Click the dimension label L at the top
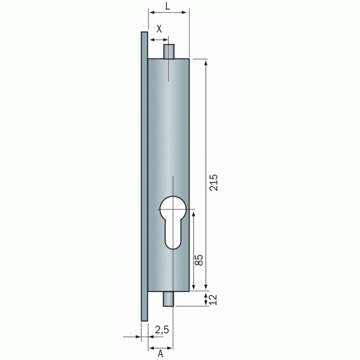pyautogui.click(x=168, y=6)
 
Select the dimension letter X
pyautogui.click(x=159, y=29)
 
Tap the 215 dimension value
pyautogui.click(x=214, y=183)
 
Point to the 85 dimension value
pyautogui.click(x=199, y=260)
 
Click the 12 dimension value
pyautogui.click(x=213, y=300)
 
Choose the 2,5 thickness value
pyautogui.click(x=162, y=330)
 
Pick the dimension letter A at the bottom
pyautogui.click(x=160, y=354)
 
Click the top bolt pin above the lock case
pyautogui.click(x=169, y=52)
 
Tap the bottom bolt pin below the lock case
pyautogui.click(x=168, y=299)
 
